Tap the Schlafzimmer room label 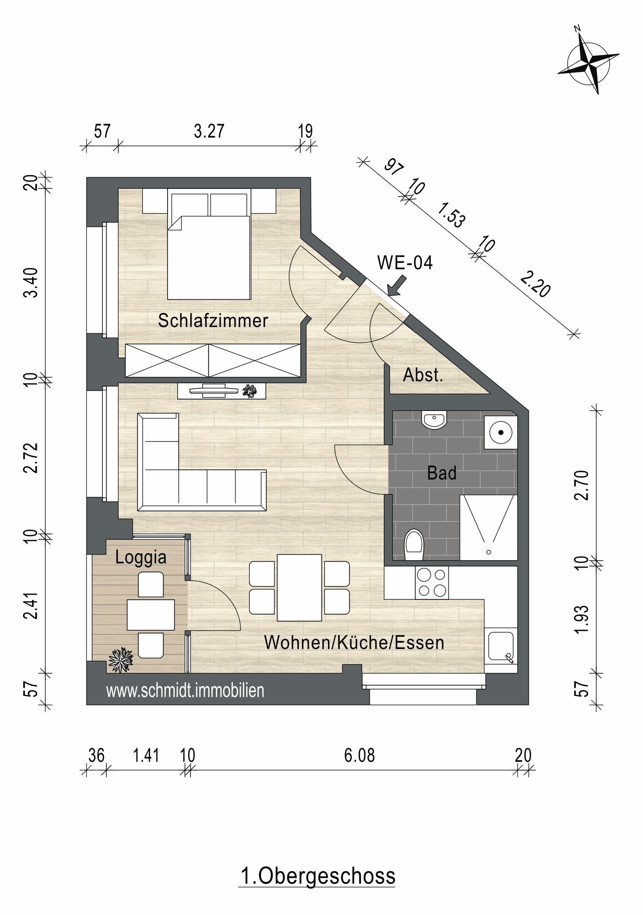213,320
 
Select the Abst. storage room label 423,375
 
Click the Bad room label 442,473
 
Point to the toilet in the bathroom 413,545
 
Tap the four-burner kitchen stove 432,583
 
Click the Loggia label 141,557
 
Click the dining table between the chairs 299,587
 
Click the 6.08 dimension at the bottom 359,755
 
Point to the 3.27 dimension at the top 209,131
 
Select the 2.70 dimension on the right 582,484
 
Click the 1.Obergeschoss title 317,876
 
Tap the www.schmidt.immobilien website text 185,691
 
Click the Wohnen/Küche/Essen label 354,643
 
